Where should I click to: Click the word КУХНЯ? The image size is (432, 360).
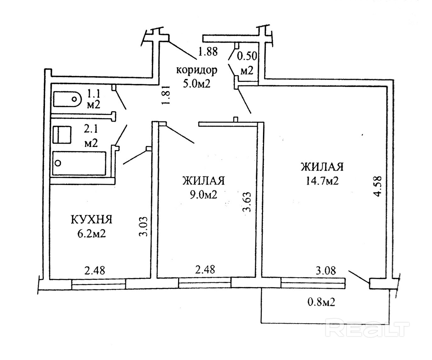pyautogui.click(x=92, y=220)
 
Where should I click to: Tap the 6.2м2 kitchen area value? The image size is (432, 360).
pyautogui.click(x=92, y=234)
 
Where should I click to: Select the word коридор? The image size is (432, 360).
pyautogui.click(x=197, y=70)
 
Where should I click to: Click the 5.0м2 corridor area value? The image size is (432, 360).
pyautogui.click(x=197, y=84)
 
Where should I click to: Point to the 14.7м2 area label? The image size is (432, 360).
pyautogui.click(x=322, y=181)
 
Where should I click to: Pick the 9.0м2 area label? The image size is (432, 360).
pyautogui.click(x=203, y=195)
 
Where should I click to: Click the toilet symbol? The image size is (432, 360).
pyautogui.click(x=67, y=99)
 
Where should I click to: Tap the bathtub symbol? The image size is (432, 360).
pyautogui.click(x=79, y=163)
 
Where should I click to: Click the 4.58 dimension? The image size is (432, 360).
pyautogui.click(x=377, y=186)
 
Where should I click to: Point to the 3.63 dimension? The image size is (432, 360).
pyautogui.click(x=247, y=202)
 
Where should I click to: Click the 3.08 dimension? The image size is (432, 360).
pyautogui.click(x=326, y=271)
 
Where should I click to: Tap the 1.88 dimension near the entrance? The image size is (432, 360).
pyautogui.click(x=208, y=52)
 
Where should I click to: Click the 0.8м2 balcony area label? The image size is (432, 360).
pyautogui.click(x=321, y=302)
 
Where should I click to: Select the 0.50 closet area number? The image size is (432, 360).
pyautogui.click(x=247, y=56)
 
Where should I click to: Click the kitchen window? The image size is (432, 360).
pyautogui.click(x=98, y=284)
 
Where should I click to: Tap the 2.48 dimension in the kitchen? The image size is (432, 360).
pyautogui.click(x=95, y=271)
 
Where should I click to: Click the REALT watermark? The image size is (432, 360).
pyautogui.click(x=367, y=329)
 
